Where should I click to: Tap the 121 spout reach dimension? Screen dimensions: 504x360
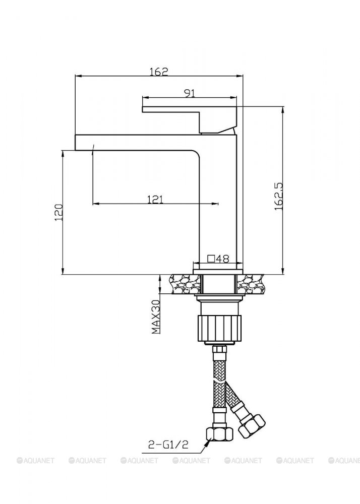point(155,199)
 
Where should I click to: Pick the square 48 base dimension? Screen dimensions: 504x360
point(219,259)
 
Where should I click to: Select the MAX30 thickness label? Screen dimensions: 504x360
point(155,317)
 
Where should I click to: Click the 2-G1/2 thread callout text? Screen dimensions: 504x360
point(169,445)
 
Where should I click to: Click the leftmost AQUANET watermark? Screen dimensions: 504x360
point(37,460)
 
